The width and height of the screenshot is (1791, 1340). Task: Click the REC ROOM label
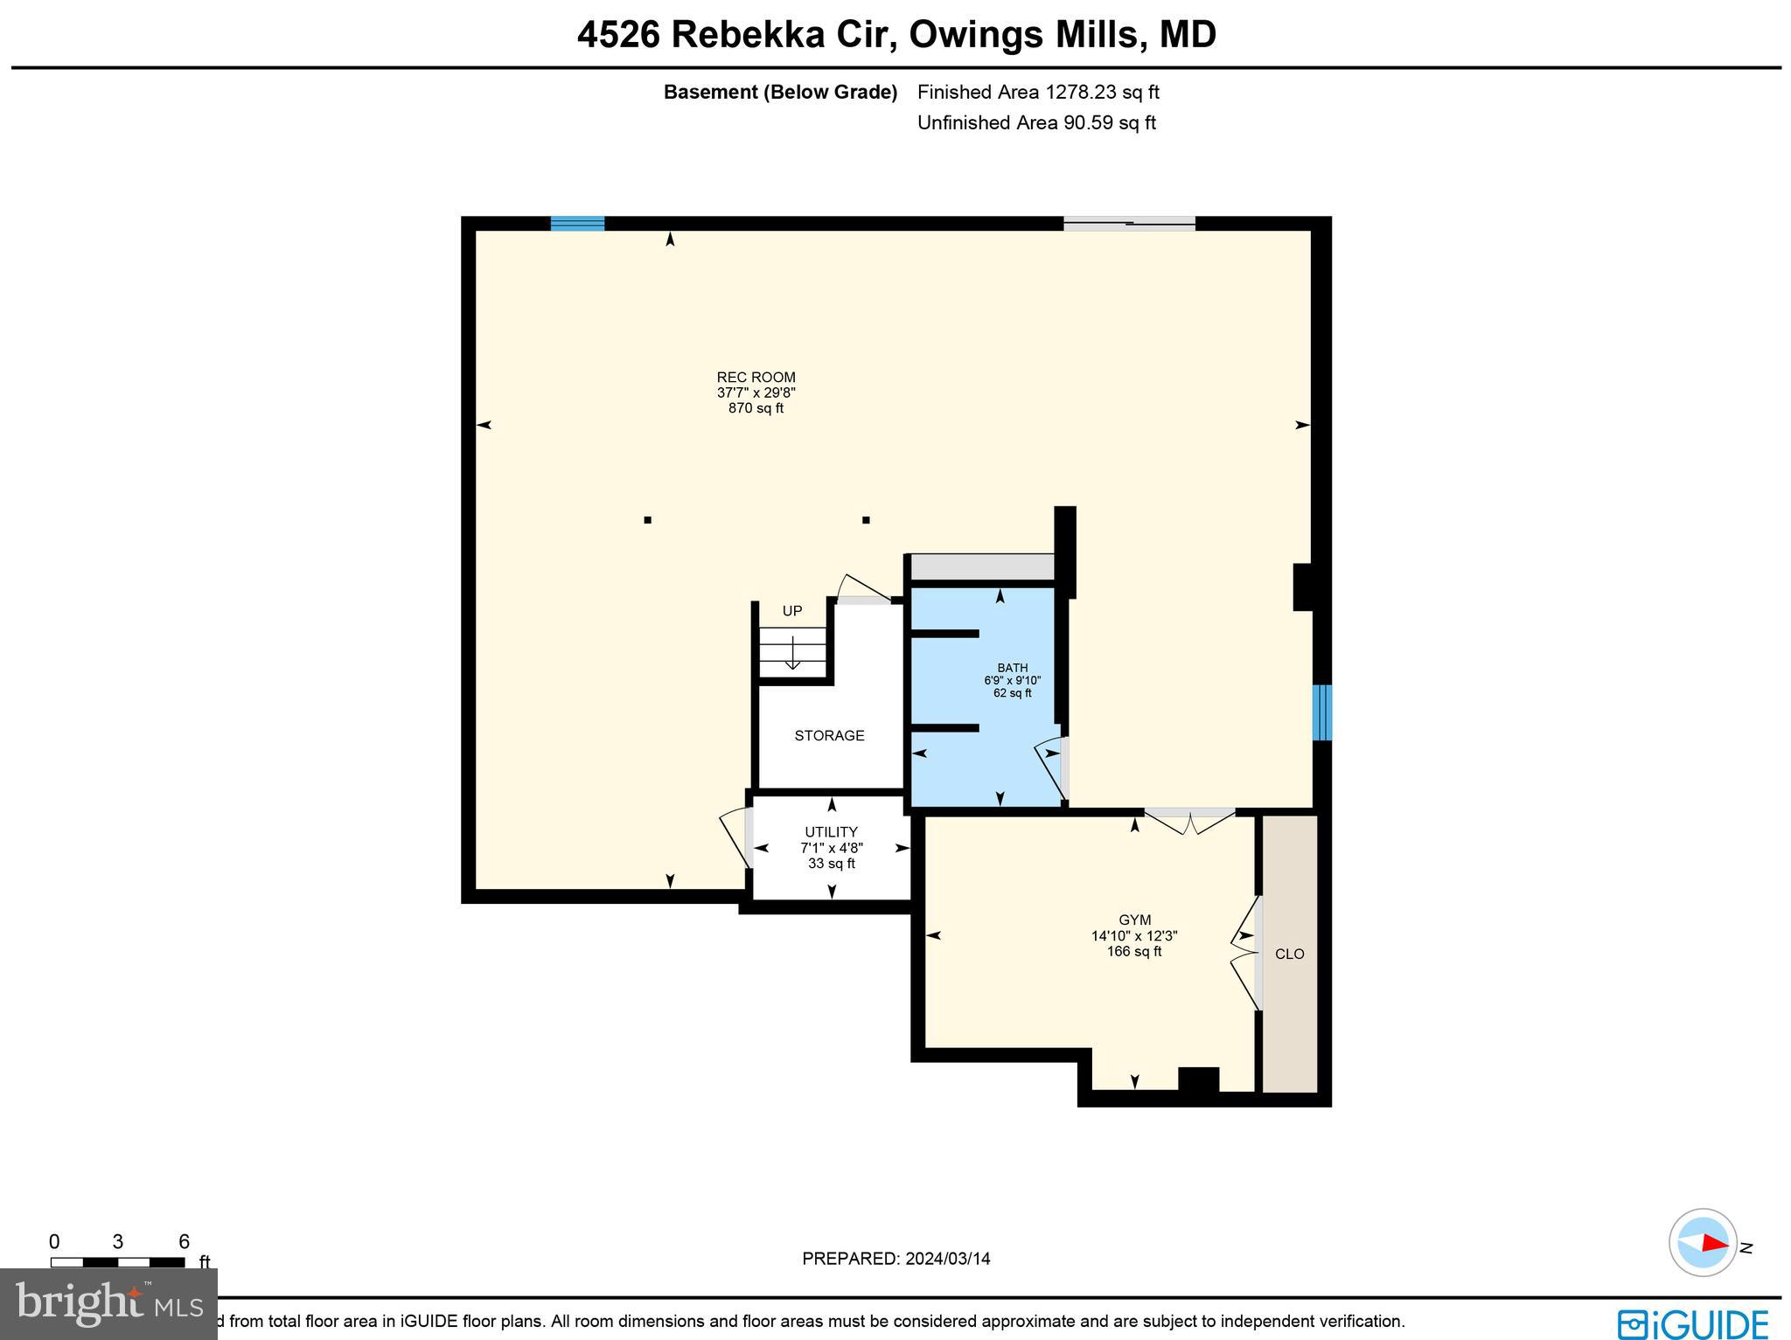pos(756,378)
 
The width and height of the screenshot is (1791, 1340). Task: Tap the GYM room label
pos(1134,920)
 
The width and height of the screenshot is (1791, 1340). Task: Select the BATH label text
pos(1013,668)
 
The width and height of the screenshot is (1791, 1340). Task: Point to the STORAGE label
pos(829,736)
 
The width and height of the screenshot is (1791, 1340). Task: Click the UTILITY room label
pos(831,832)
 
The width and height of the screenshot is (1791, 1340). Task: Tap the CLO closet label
pos(1289,954)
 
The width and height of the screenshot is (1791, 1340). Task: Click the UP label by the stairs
pos(791,611)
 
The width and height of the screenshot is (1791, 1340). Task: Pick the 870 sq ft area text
pos(756,408)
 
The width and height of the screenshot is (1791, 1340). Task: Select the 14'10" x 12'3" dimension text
pos(1134,935)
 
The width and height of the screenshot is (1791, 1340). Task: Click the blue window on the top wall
pos(577,223)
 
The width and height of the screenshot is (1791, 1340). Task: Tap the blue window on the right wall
pos(1322,712)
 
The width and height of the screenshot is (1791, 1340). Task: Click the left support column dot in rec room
pos(647,520)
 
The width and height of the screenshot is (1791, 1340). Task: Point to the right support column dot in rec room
pos(866,520)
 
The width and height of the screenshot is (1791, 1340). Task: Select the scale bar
pos(117,1261)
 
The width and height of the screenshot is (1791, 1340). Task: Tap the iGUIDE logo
pos(1693,1322)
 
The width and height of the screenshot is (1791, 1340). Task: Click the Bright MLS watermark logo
pos(108,1303)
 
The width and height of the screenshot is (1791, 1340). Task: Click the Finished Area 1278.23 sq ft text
pos(1038,92)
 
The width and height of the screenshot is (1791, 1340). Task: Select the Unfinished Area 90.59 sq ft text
pos(1036,122)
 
